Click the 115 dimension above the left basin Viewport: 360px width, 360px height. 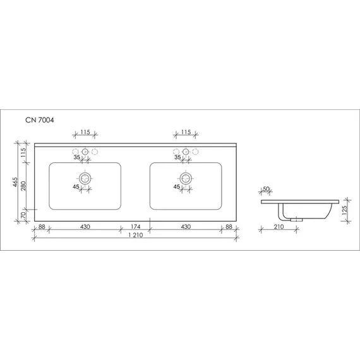85,132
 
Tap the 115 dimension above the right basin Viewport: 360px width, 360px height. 186,132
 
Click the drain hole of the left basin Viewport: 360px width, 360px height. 85,177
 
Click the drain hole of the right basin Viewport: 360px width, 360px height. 186,177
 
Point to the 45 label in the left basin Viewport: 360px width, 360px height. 76,187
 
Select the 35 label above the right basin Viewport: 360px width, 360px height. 178,159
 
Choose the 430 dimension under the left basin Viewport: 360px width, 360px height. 85,226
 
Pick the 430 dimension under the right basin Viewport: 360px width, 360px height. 186,226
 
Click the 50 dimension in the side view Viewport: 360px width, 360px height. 266,189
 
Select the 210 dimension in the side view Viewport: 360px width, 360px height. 279,226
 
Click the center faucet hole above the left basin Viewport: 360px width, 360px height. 85,152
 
